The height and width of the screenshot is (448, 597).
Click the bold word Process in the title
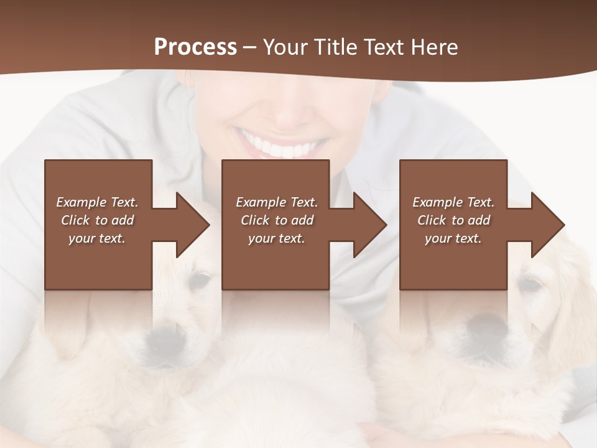tap(195, 47)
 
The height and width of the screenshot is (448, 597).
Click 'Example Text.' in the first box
tap(97, 202)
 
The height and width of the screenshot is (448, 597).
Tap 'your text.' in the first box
tap(97, 238)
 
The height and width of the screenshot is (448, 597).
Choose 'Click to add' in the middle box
tap(277, 220)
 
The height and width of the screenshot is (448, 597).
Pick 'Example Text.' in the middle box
tap(277, 202)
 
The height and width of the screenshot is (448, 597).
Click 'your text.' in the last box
tap(453, 238)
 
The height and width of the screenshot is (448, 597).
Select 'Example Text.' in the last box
tap(453, 202)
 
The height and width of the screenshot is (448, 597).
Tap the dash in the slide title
tap(249, 47)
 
